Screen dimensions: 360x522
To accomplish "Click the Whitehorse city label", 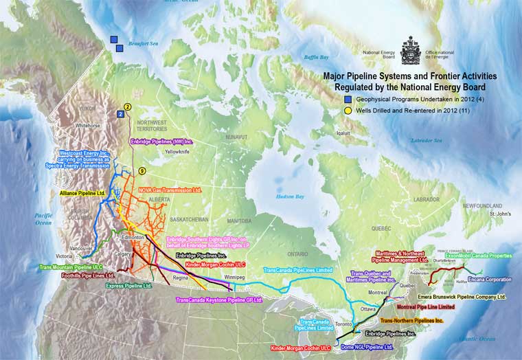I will [x=88, y=126].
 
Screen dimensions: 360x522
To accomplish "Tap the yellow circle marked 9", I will [x=142, y=171].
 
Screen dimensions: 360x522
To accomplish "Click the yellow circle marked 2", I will [x=127, y=106].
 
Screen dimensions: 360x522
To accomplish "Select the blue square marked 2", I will [x=121, y=114].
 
